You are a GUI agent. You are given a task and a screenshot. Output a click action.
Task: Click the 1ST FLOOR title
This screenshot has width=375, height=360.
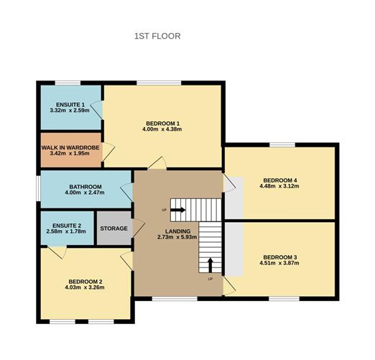[x=157, y=36]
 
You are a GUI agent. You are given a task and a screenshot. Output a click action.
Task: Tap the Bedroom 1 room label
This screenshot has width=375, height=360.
[x=162, y=124]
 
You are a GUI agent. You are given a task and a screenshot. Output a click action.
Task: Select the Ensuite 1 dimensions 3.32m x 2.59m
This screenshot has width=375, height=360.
[x=70, y=111]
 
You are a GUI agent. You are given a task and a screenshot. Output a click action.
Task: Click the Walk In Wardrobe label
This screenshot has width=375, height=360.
[x=70, y=147]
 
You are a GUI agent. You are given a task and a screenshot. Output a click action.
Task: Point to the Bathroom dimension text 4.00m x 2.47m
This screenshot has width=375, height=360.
[x=85, y=193]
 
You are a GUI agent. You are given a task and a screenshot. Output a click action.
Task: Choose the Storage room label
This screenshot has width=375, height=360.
[x=114, y=229]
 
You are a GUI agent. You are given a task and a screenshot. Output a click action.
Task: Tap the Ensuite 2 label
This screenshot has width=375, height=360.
[x=67, y=226]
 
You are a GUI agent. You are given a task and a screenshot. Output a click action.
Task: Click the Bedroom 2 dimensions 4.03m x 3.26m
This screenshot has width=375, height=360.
[x=85, y=287]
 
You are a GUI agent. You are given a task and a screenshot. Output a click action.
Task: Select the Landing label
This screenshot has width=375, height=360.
[x=177, y=231]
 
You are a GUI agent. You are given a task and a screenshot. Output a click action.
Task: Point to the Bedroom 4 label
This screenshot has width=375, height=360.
[x=280, y=180]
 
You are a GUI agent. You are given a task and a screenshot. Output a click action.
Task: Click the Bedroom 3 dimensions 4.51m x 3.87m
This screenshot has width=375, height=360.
[x=279, y=263]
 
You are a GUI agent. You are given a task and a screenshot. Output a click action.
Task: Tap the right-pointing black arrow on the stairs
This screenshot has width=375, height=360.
[x=177, y=210]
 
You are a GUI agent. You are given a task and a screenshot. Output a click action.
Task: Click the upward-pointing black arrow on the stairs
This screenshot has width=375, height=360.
[x=210, y=265]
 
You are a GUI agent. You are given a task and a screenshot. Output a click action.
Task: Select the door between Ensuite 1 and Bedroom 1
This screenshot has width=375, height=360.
[x=97, y=110]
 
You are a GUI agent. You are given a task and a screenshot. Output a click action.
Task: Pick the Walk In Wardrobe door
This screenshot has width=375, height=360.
[x=108, y=152]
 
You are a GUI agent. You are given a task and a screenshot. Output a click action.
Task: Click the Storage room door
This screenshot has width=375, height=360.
[x=139, y=229]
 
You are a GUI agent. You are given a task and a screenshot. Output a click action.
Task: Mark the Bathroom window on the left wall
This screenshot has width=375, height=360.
[x=38, y=189]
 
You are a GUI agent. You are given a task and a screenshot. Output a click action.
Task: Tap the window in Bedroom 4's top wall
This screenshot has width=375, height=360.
[x=282, y=144]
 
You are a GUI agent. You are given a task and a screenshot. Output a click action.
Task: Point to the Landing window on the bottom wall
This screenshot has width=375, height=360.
[x=175, y=299]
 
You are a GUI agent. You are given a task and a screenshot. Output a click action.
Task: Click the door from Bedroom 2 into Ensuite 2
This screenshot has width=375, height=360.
[x=57, y=252]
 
